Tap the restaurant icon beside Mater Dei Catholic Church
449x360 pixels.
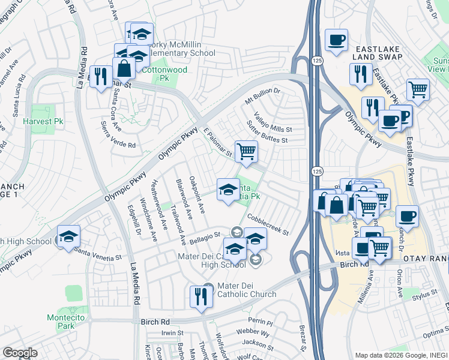(x=199, y=296)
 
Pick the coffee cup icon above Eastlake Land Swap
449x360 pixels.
(x=336, y=40)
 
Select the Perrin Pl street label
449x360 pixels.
(x=261, y=322)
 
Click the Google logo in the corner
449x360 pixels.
(x=20, y=353)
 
